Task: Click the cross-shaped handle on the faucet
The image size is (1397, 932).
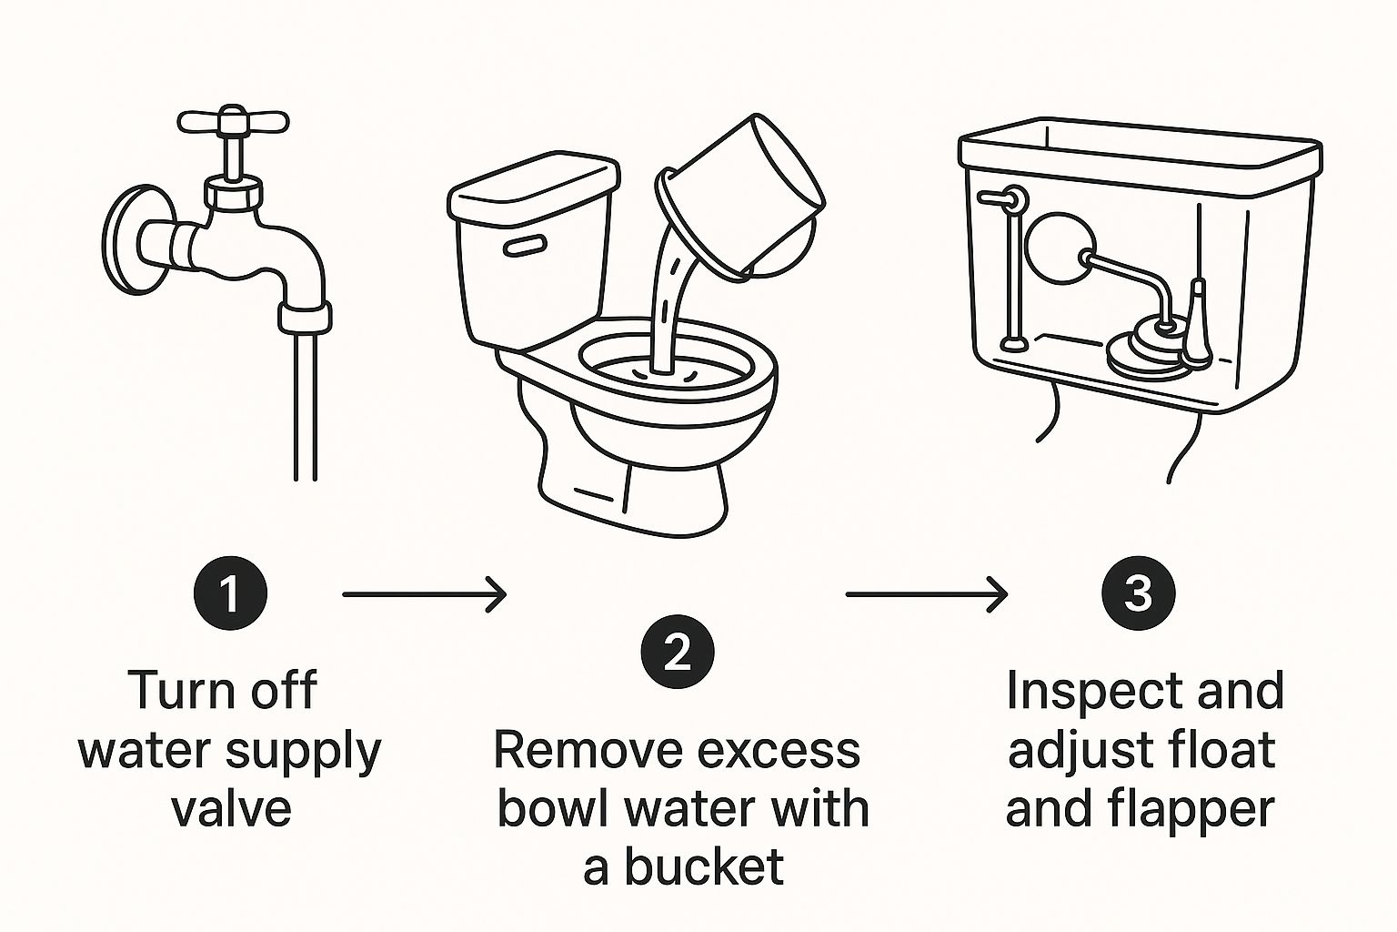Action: point(233,122)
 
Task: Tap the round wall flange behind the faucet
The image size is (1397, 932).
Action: point(132,239)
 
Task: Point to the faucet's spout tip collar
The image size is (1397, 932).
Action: point(305,317)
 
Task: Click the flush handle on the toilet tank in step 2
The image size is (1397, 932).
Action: point(525,247)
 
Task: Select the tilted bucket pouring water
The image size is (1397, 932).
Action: point(741,198)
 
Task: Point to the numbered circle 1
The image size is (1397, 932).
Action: point(231,593)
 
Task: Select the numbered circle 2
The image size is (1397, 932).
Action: point(678,652)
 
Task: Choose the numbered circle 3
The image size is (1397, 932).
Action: point(1138,593)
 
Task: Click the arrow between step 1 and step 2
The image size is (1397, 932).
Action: point(424,594)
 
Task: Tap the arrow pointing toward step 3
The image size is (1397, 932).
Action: point(927,594)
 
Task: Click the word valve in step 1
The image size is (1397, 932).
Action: point(232,809)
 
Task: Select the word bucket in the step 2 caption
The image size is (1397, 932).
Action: point(704,866)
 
